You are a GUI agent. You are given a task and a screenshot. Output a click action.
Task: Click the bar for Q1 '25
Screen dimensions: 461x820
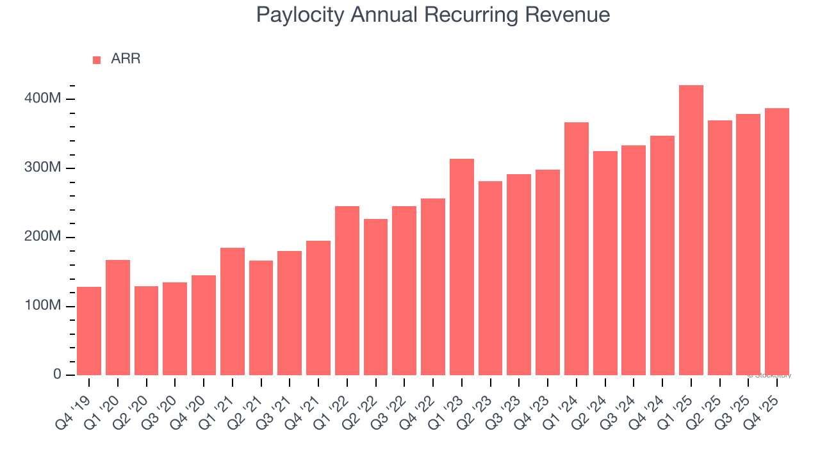(691, 230)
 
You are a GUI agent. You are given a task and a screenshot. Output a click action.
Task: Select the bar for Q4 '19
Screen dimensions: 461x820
(89, 331)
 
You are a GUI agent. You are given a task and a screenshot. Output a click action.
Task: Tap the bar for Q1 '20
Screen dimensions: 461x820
(118, 318)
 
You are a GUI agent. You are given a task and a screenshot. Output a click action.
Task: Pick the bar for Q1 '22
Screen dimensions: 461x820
(347, 291)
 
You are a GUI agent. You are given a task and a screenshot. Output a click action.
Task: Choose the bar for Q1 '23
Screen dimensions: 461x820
(462, 267)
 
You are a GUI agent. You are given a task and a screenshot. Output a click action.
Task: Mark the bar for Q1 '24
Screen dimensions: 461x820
(577, 249)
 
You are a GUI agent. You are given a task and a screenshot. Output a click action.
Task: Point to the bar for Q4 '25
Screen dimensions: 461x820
(777, 242)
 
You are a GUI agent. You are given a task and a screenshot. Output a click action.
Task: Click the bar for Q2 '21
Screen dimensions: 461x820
(261, 318)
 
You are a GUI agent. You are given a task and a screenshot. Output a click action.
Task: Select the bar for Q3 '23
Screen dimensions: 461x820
(519, 275)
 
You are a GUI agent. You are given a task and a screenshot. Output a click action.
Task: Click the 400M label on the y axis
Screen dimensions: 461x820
(44, 99)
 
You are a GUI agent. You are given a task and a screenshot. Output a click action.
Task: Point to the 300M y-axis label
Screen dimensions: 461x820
(44, 168)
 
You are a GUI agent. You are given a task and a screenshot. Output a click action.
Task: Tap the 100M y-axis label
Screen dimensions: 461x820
(44, 306)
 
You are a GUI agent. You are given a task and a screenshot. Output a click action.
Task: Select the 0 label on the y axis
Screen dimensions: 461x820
(57, 375)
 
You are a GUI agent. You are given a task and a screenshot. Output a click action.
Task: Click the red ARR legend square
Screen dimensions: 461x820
(97, 60)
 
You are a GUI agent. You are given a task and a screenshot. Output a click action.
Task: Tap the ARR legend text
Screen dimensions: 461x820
(126, 59)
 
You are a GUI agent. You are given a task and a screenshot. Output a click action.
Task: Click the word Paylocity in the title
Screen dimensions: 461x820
(300, 15)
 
